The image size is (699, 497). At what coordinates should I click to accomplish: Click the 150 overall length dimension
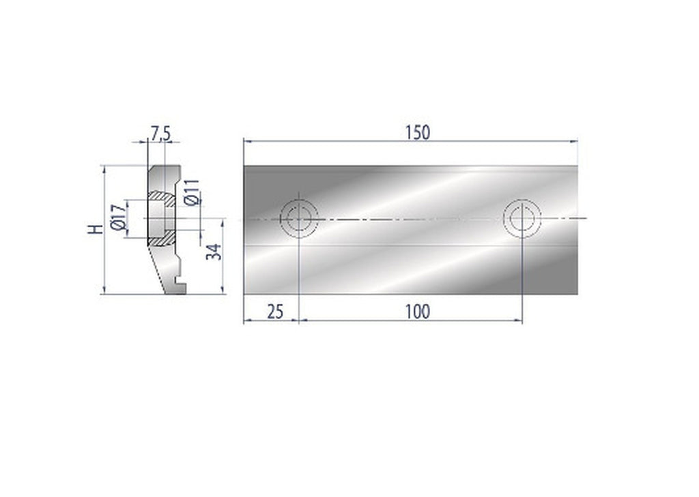pos(417,132)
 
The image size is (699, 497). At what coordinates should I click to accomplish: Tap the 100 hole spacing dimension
pos(417,312)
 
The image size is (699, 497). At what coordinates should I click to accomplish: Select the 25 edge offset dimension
pos(274,312)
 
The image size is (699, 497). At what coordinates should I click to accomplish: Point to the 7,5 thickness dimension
pos(160,134)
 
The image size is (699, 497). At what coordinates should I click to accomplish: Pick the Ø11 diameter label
pos(192,192)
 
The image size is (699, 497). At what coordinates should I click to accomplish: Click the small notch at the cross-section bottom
pos(179,281)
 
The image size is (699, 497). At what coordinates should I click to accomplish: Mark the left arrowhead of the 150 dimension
pos(247,141)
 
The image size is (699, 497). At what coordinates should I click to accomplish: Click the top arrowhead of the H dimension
pos(104,168)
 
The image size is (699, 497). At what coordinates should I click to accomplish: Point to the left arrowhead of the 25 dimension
pos(247,321)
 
